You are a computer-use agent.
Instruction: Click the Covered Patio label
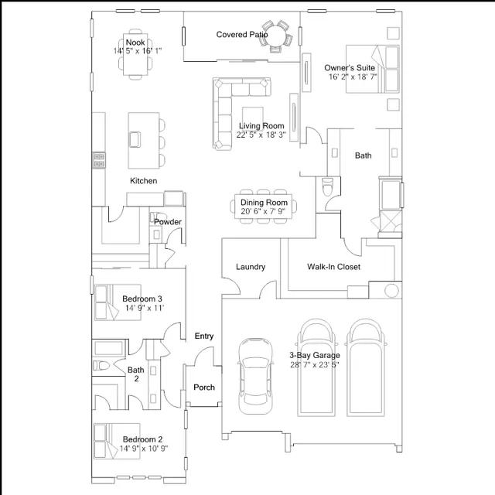pyautogui.click(x=242, y=34)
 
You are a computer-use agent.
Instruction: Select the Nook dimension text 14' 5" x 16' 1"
pyautogui.click(x=138, y=51)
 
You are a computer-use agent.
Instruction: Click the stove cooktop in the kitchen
pyautogui.click(x=99, y=160)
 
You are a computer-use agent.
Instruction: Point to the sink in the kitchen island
pyautogui.click(x=135, y=139)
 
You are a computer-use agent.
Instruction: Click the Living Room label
pyautogui.click(x=261, y=125)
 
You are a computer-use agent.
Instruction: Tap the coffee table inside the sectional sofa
pyautogui.click(x=253, y=116)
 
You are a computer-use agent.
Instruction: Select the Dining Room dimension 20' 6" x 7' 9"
pyautogui.click(x=263, y=211)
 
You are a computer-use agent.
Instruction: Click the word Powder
pyautogui.click(x=168, y=222)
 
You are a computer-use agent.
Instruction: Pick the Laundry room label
pyautogui.click(x=251, y=267)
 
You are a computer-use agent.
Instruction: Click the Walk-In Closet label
pyautogui.click(x=333, y=267)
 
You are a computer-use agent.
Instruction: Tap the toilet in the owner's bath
pyautogui.click(x=327, y=186)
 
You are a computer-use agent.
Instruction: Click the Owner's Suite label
pyautogui.click(x=350, y=68)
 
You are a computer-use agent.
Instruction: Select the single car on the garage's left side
pyautogui.click(x=255, y=377)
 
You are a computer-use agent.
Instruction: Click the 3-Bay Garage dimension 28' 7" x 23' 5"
pyautogui.click(x=315, y=365)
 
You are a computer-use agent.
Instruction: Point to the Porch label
pyautogui.click(x=204, y=387)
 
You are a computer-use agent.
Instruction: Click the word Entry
pyautogui.click(x=204, y=336)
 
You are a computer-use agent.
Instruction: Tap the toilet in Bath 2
pyautogui.click(x=101, y=366)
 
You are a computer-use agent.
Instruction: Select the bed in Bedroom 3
pyautogui.click(x=118, y=302)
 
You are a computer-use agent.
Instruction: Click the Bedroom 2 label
pyautogui.click(x=142, y=439)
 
